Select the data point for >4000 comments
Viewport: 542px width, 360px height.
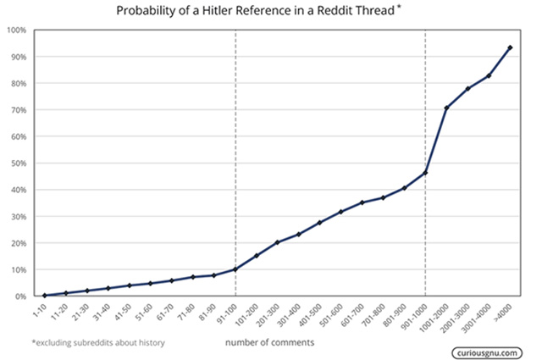pyautogui.click(x=510, y=47)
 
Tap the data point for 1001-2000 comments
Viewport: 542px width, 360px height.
pyautogui.click(x=446, y=108)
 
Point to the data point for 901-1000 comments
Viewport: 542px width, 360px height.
pyautogui.click(x=425, y=173)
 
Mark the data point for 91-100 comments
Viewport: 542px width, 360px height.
pyautogui.click(x=235, y=269)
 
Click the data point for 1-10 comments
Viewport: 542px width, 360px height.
pyautogui.click(x=44, y=295)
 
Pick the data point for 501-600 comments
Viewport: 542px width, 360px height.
pyautogui.click(x=340, y=212)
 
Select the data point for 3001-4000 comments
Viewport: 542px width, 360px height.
pyautogui.click(x=489, y=76)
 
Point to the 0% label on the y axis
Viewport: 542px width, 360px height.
pyautogui.click(x=19, y=296)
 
